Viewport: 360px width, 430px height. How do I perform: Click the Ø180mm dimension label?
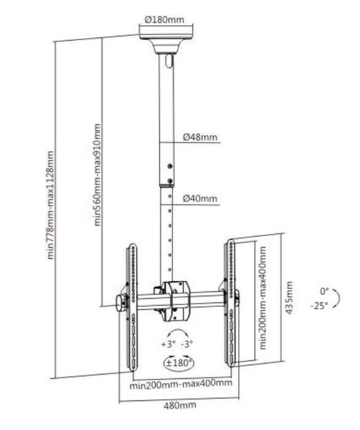pos(164,20)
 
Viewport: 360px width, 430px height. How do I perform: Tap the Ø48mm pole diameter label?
pos(200,137)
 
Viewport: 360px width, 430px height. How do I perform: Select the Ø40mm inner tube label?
pos(200,198)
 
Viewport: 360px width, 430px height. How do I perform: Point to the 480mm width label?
pos(180,405)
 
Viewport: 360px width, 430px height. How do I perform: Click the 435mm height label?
pos(289,298)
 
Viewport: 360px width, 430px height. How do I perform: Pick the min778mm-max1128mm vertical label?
pos(50,205)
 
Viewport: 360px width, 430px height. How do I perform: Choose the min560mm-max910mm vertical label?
pos(97,175)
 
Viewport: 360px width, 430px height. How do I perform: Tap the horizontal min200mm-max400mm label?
pos(181,383)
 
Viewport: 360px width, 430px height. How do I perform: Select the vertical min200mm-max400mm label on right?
pos(263,298)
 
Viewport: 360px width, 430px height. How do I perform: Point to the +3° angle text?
pos(169,344)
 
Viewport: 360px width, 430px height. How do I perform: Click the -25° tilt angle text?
pos(319,306)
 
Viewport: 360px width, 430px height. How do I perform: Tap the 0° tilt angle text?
pos(324,291)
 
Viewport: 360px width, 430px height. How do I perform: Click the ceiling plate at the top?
pos(166,33)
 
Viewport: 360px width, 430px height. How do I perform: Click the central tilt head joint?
pos(175,301)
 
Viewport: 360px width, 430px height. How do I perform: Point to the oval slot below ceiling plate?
pos(169,61)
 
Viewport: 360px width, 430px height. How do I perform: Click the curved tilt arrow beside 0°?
pos(337,298)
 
